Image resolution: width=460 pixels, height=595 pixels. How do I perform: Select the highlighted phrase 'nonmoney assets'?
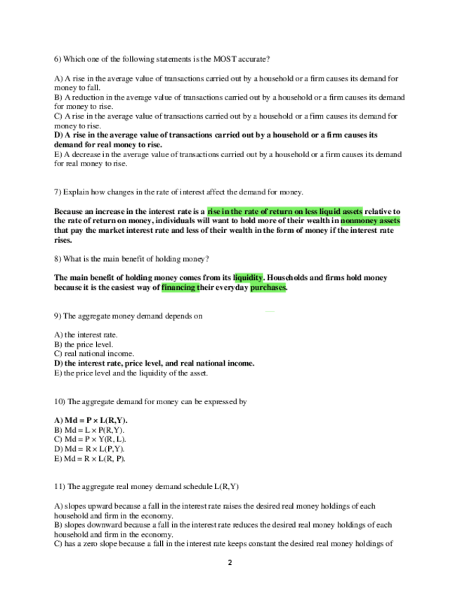pos(370,220)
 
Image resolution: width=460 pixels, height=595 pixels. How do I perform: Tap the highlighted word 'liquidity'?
pos(248,278)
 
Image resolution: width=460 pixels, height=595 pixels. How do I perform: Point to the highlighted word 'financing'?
pos(178,288)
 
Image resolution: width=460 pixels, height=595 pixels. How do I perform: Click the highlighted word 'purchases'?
pos(268,288)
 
